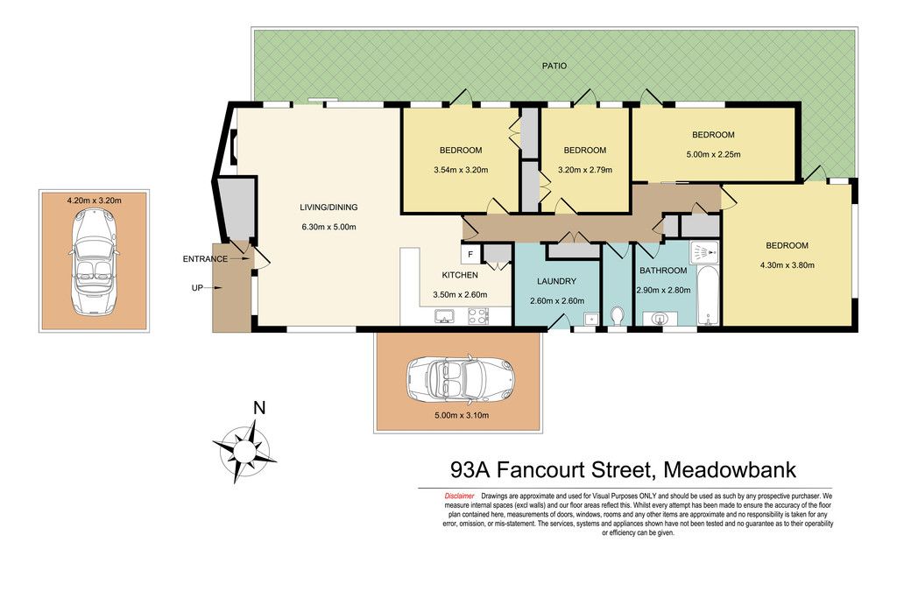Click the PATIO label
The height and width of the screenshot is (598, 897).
[x=554, y=66]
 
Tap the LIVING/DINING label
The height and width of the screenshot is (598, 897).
[x=328, y=207]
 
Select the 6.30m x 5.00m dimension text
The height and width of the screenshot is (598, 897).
[x=328, y=227]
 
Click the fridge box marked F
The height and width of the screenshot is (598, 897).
[x=470, y=255]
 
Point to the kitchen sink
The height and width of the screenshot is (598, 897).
[x=444, y=315]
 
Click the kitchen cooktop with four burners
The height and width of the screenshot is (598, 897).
[x=478, y=316]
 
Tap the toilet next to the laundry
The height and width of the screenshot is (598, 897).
[x=617, y=315]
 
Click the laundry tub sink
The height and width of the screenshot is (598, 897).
[x=590, y=319]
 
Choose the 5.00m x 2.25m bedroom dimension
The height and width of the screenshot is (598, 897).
[x=713, y=154]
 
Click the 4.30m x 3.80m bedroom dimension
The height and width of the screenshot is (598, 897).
[x=788, y=265]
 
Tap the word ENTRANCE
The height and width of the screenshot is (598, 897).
[x=205, y=259]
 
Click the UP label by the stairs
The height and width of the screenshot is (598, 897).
[x=197, y=288]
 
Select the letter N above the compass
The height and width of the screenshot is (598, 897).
[x=259, y=408]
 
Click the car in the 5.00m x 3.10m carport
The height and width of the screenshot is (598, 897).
[x=460, y=379]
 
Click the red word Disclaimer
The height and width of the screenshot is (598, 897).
[x=459, y=496]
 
